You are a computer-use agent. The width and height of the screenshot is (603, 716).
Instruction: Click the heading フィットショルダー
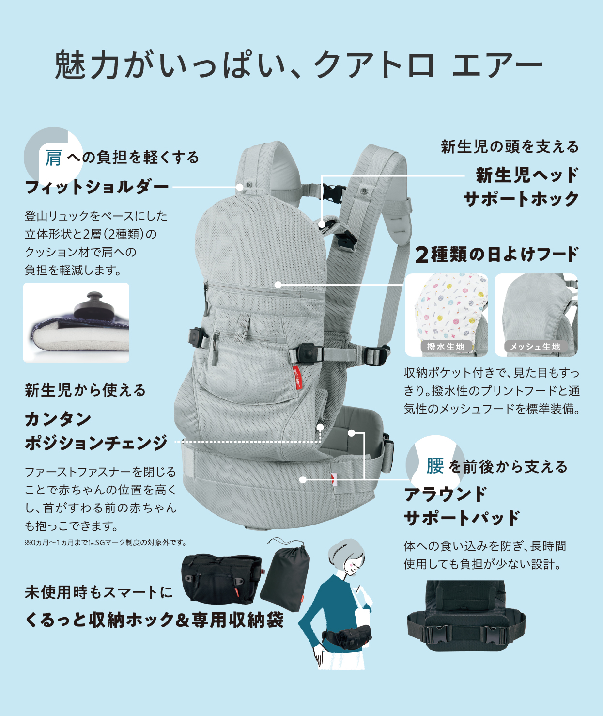tap(97, 187)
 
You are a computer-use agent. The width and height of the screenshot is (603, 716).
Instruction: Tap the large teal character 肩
tap(53, 158)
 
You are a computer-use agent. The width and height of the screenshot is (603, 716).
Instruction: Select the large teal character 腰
tap(434, 466)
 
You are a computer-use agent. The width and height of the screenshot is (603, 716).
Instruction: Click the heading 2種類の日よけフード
tap(497, 254)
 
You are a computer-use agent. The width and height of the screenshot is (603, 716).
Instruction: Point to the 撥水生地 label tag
tap(446, 347)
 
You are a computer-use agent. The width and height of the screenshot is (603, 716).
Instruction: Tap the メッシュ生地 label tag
tap(535, 347)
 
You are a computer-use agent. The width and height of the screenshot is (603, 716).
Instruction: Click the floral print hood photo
tap(446, 310)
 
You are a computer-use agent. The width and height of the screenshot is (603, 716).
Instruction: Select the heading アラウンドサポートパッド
tap(462, 506)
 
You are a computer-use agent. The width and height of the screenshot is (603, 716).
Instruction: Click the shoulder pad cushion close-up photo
tap(76, 322)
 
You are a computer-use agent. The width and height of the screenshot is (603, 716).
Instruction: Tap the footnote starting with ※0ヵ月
tap(105, 542)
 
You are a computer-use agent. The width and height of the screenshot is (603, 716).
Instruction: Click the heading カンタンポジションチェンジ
tap(95, 431)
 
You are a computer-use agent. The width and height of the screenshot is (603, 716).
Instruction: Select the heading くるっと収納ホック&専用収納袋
tap(154, 620)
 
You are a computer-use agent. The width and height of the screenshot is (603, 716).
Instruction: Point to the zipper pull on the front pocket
tap(214, 358)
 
